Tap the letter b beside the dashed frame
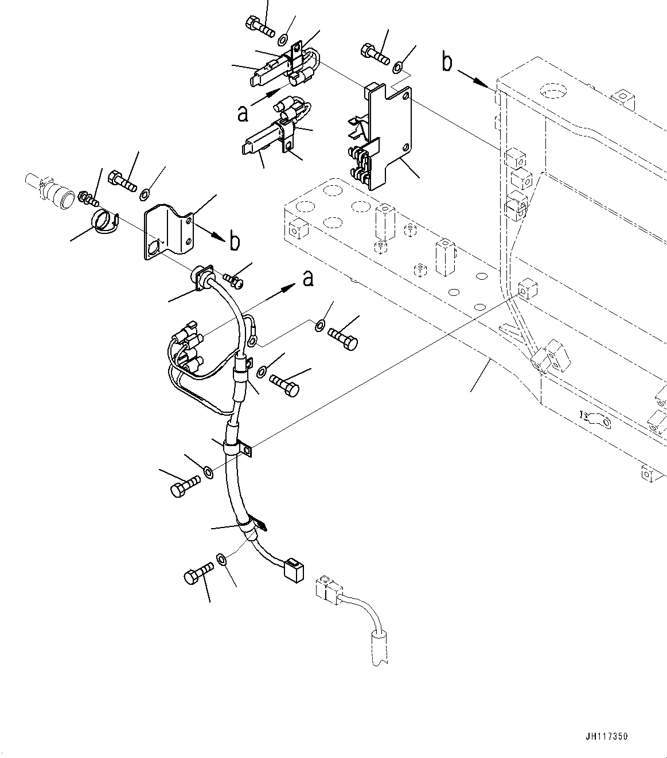coord(447,62)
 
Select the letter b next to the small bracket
coord(235,242)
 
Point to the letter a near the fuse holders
coord(243,114)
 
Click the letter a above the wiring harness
coord(309,279)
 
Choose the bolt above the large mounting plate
coord(375,54)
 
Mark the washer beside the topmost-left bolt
coord(283,40)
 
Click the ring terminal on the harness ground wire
coord(253,342)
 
